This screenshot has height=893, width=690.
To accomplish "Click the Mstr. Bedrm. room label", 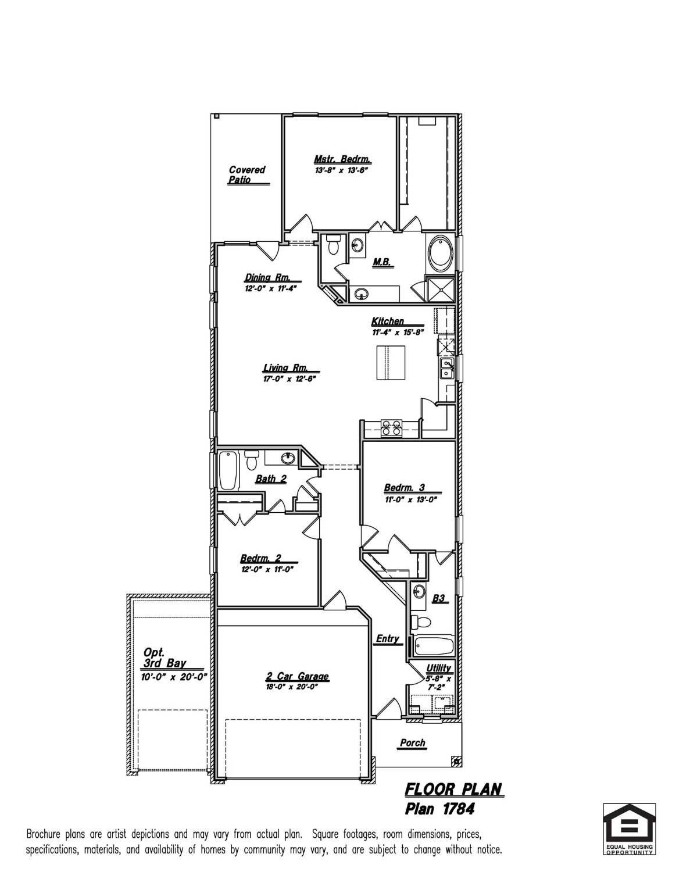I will coord(342,159).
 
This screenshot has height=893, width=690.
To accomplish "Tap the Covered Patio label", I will coord(246,174).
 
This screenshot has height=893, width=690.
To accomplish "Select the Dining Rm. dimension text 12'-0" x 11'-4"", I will coord(271,288).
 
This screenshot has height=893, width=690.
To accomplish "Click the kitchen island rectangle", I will coord(389,363).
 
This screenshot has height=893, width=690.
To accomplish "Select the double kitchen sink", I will coord(446,368).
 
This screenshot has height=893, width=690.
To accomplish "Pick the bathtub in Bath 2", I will coord(228,470).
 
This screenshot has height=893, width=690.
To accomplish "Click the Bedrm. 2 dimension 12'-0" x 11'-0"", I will coord(267,570).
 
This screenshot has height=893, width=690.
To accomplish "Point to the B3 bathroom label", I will coord(439,599).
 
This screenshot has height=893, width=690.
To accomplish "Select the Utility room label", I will coord(438,668).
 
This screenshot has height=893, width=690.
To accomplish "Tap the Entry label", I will coord(387,638).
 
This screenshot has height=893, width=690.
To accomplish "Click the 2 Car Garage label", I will coord(297,676).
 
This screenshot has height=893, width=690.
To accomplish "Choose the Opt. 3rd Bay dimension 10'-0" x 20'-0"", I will coord(174,677).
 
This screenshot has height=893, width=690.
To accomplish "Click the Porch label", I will coord(412,742).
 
